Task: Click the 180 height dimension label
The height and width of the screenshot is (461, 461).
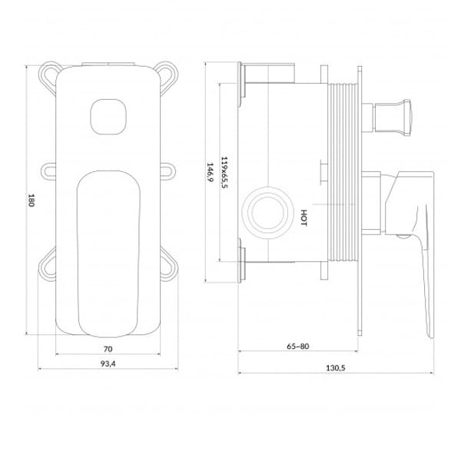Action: click(31, 200)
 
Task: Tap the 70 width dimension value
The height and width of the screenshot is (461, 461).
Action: click(108, 349)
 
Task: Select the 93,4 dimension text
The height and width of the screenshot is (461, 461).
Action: click(108, 363)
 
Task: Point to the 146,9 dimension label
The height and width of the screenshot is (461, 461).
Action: click(210, 172)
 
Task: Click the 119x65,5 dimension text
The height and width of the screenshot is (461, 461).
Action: click(224, 172)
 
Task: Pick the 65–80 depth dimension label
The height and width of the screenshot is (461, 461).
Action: click(298, 347)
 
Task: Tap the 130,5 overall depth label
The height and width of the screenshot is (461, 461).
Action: click(336, 368)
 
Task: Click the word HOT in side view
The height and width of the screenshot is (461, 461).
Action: click(303, 218)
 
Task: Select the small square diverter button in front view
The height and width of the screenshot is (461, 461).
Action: click(108, 117)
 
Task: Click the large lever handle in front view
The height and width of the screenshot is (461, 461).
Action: click(108, 254)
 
